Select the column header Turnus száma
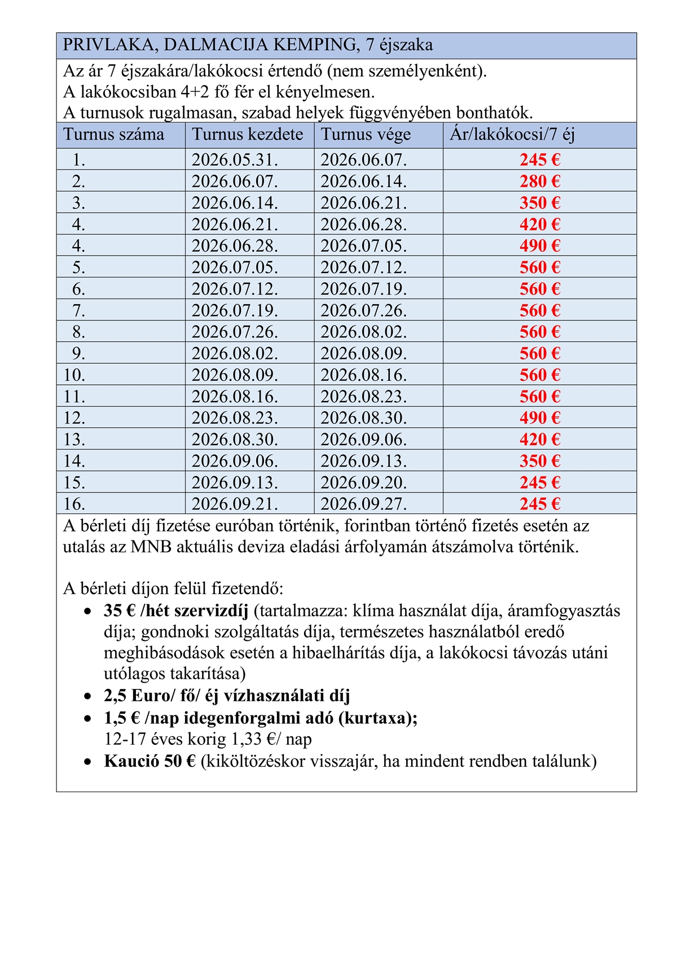(113, 135)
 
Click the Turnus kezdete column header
(247, 135)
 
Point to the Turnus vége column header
(366, 135)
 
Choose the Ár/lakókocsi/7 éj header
(512, 135)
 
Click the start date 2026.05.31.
(235, 160)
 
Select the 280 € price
(539, 182)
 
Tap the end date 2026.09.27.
(363, 504)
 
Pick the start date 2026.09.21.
(235, 504)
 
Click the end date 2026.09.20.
(363, 482)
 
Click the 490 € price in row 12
(539, 418)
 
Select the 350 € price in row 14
(539, 461)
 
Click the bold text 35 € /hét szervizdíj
(176, 611)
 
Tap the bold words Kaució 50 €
(150, 762)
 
